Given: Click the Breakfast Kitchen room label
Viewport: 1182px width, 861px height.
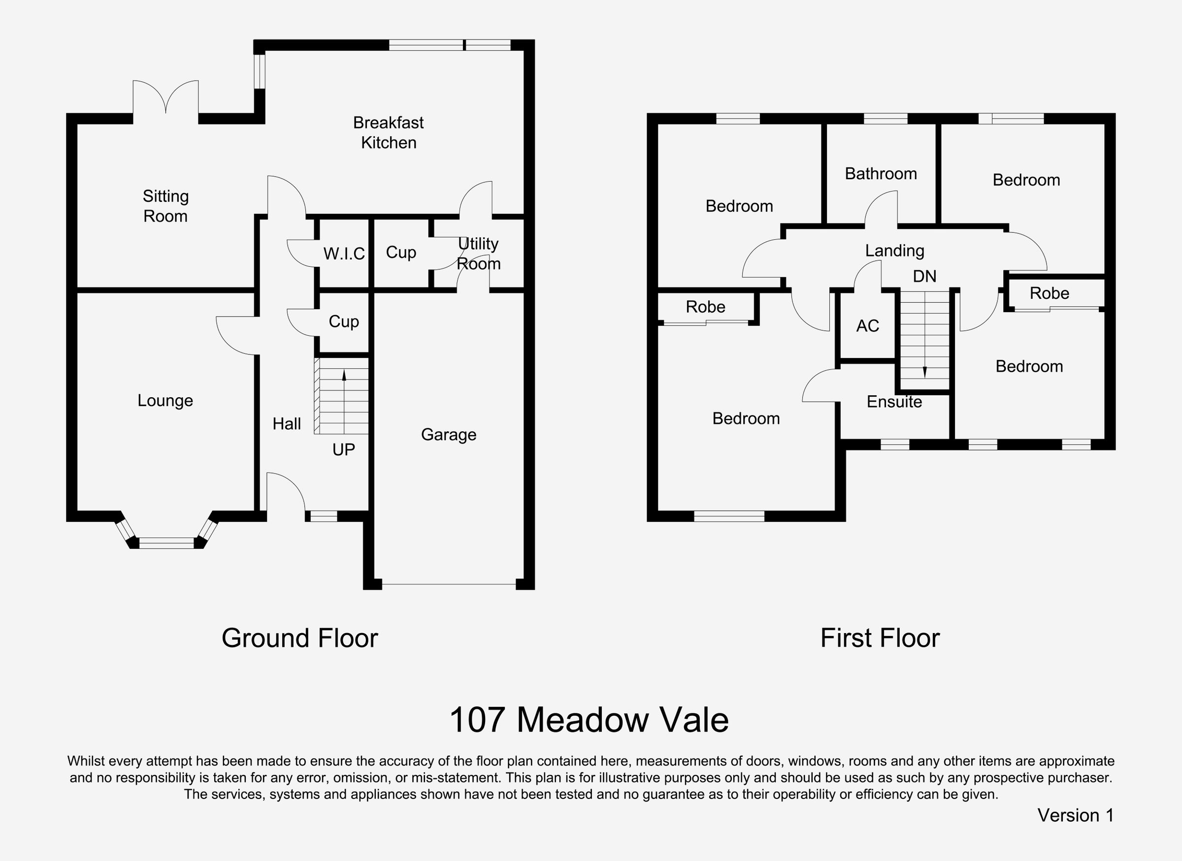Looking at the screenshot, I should coord(389,132).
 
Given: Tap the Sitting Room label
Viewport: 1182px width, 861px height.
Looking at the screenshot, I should coord(165,206).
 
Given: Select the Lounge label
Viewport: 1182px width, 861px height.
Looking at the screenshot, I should coord(165,400).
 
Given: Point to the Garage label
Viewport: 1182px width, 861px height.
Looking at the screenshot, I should coord(448,434).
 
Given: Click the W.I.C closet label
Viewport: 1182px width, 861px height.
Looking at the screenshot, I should coord(344,254).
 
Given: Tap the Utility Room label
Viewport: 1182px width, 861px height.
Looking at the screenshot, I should coord(478,254).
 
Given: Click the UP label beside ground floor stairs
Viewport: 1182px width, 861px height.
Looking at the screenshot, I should coord(344,449).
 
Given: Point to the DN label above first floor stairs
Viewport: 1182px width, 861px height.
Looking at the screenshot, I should coord(924,276).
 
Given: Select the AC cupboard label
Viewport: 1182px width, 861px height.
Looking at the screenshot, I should coord(868,326).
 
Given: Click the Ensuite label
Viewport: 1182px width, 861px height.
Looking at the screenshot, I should coord(894,401).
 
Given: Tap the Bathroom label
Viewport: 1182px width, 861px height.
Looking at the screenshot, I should coord(881,174).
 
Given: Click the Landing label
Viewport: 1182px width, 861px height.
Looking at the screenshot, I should coord(895,251).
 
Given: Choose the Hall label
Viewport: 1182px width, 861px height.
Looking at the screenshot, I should coord(286,424).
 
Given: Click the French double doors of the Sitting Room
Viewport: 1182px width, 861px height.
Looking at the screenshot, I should coord(166,99).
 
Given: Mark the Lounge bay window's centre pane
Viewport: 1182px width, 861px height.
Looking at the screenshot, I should coord(166,543).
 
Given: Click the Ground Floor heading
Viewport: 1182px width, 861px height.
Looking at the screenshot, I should coord(299,638).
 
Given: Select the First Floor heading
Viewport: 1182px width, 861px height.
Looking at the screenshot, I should coord(880,638).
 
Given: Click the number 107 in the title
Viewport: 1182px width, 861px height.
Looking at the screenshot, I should coord(477,720).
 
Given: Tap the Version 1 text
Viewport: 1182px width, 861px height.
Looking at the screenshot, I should coord(1075,815).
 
